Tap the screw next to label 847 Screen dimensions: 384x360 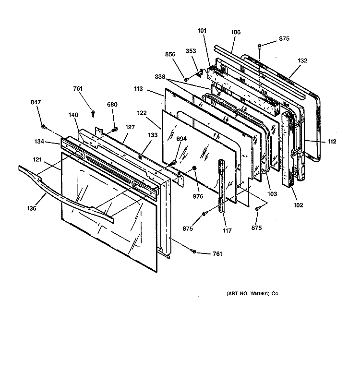tap(44, 127)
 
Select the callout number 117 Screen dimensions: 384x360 tap(227, 230)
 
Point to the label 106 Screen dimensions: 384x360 tap(235, 32)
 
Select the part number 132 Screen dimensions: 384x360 tap(302, 60)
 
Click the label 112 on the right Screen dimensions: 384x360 tap(332, 141)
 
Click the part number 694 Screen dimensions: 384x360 tap(181, 138)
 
